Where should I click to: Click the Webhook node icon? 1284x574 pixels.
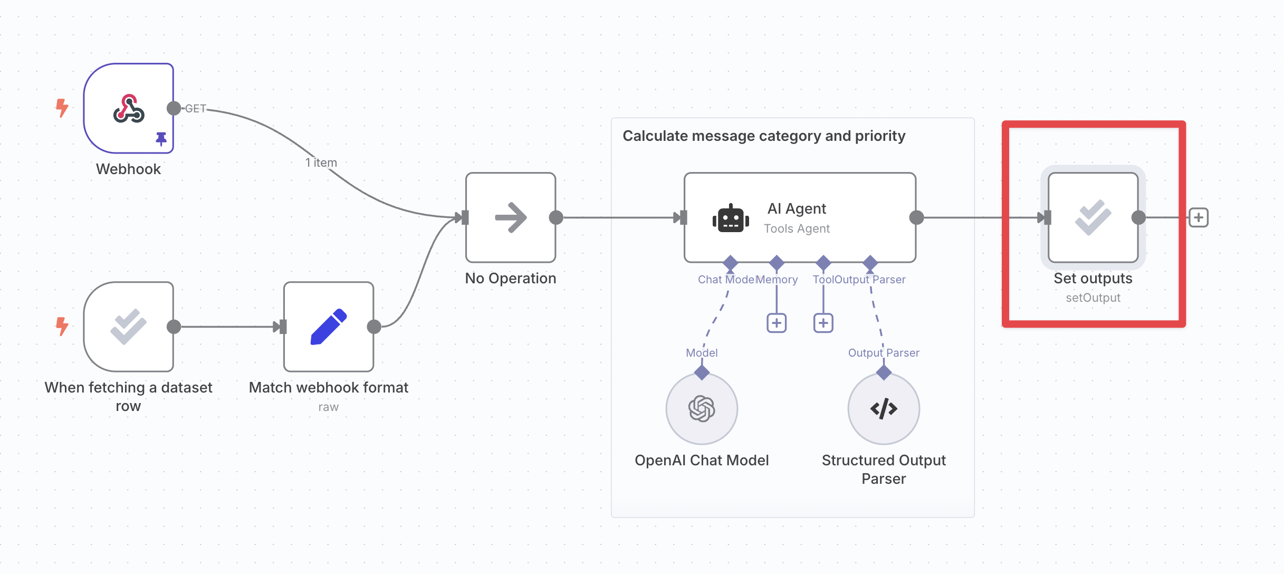click(129, 109)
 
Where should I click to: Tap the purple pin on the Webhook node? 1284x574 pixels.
click(161, 139)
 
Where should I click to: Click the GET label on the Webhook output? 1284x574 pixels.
click(195, 109)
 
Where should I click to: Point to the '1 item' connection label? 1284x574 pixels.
click(321, 162)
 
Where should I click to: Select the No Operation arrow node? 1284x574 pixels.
click(510, 217)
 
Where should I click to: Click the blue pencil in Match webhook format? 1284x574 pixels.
click(329, 327)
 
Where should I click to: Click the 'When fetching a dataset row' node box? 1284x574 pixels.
click(129, 327)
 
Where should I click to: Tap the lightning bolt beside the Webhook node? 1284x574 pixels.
click(62, 108)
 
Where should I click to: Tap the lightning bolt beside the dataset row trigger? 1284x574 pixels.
click(62, 326)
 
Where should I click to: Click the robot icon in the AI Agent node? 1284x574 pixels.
click(731, 218)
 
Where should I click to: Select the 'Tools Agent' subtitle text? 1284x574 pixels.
click(797, 228)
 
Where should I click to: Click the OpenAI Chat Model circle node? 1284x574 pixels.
click(702, 408)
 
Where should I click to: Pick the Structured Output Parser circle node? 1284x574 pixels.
click(884, 408)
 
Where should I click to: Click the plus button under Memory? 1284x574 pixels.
click(777, 323)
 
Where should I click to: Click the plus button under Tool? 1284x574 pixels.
click(823, 323)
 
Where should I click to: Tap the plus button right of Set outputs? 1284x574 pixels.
click(1199, 217)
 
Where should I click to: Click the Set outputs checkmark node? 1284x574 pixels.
click(1093, 217)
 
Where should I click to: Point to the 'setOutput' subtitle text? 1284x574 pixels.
click(1093, 298)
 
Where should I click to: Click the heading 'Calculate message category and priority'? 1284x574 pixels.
click(763, 136)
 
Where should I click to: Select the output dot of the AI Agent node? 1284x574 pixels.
click(917, 217)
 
